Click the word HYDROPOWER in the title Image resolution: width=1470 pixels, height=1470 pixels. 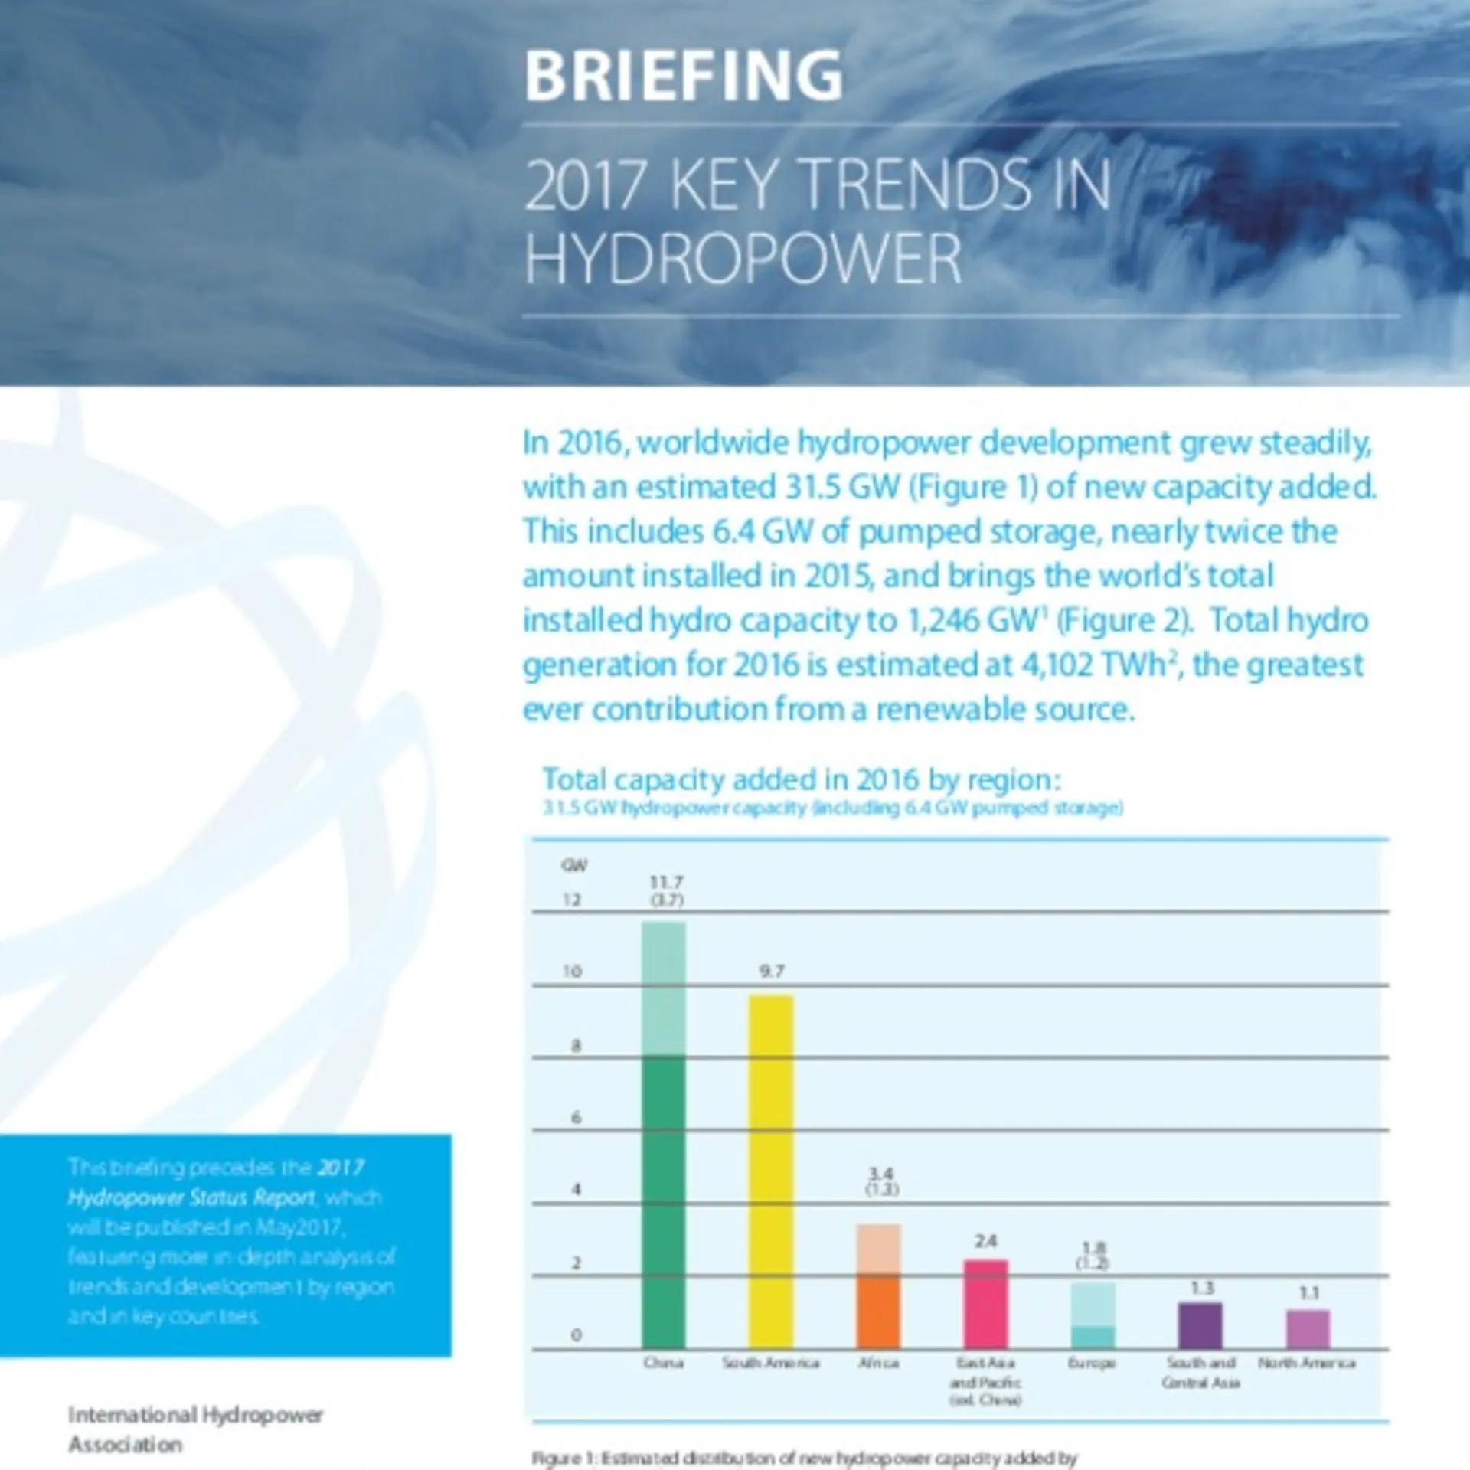tap(743, 260)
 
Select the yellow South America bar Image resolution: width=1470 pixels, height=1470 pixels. tap(770, 1171)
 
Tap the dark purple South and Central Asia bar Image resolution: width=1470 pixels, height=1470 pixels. tap(1200, 1325)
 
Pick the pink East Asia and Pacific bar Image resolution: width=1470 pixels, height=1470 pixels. tap(985, 1304)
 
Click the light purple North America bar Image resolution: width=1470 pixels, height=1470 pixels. tap(1308, 1328)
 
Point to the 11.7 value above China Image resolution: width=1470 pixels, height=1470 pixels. tap(666, 883)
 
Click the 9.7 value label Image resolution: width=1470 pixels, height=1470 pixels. tap(772, 971)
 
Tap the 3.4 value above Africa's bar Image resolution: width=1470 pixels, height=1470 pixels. tap(881, 1174)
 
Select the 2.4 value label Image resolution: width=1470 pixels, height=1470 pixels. tap(985, 1241)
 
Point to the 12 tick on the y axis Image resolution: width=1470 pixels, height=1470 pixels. tap(572, 900)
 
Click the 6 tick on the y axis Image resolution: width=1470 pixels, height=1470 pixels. tap(576, 1118)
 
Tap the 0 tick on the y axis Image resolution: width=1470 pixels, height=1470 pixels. tap(576, 1334)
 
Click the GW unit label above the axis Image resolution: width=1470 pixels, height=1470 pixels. tap(574, 865)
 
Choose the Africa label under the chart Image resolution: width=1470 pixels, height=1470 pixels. tap(878, 1363)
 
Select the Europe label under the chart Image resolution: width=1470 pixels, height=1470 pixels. tap(1092, 1363)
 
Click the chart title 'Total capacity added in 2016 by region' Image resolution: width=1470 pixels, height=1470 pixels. tap(802, 779)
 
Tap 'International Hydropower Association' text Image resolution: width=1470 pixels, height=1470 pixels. tap(195, 1429)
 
